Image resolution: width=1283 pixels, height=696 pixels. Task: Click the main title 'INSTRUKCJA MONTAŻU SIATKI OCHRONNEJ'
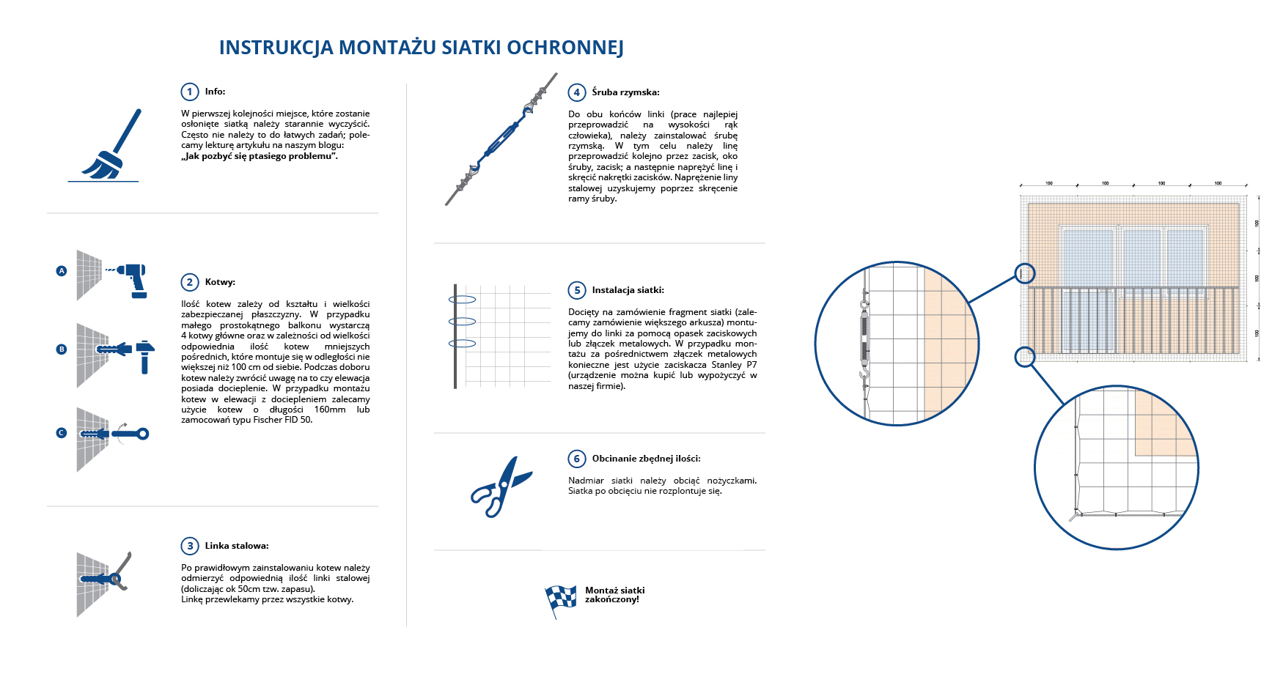point(421,48)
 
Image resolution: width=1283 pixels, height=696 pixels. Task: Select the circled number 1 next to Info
point(190,92)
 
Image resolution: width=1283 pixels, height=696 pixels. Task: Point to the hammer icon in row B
point(145,356)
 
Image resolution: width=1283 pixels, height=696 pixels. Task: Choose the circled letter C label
point(62,433)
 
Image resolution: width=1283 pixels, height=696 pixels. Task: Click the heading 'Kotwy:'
point(220,282)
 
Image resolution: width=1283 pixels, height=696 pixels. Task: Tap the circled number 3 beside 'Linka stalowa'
point(190,546)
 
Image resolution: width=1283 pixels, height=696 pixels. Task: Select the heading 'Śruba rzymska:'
point(625,92)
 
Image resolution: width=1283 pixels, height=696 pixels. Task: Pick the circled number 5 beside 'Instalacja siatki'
point(577,290)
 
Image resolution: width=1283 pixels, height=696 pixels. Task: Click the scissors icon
point(501,486)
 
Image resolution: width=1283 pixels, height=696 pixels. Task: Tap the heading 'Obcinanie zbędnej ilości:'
point(646,459)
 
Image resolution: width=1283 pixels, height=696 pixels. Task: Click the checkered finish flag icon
point(560,599)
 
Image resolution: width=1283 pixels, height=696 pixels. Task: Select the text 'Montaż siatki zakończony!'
point(614,595)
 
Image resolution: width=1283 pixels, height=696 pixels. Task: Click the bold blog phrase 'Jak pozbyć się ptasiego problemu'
point(260,156)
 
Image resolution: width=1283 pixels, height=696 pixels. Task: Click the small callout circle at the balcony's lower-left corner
point(1024,357)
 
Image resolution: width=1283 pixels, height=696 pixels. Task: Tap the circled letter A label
point(62,271)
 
